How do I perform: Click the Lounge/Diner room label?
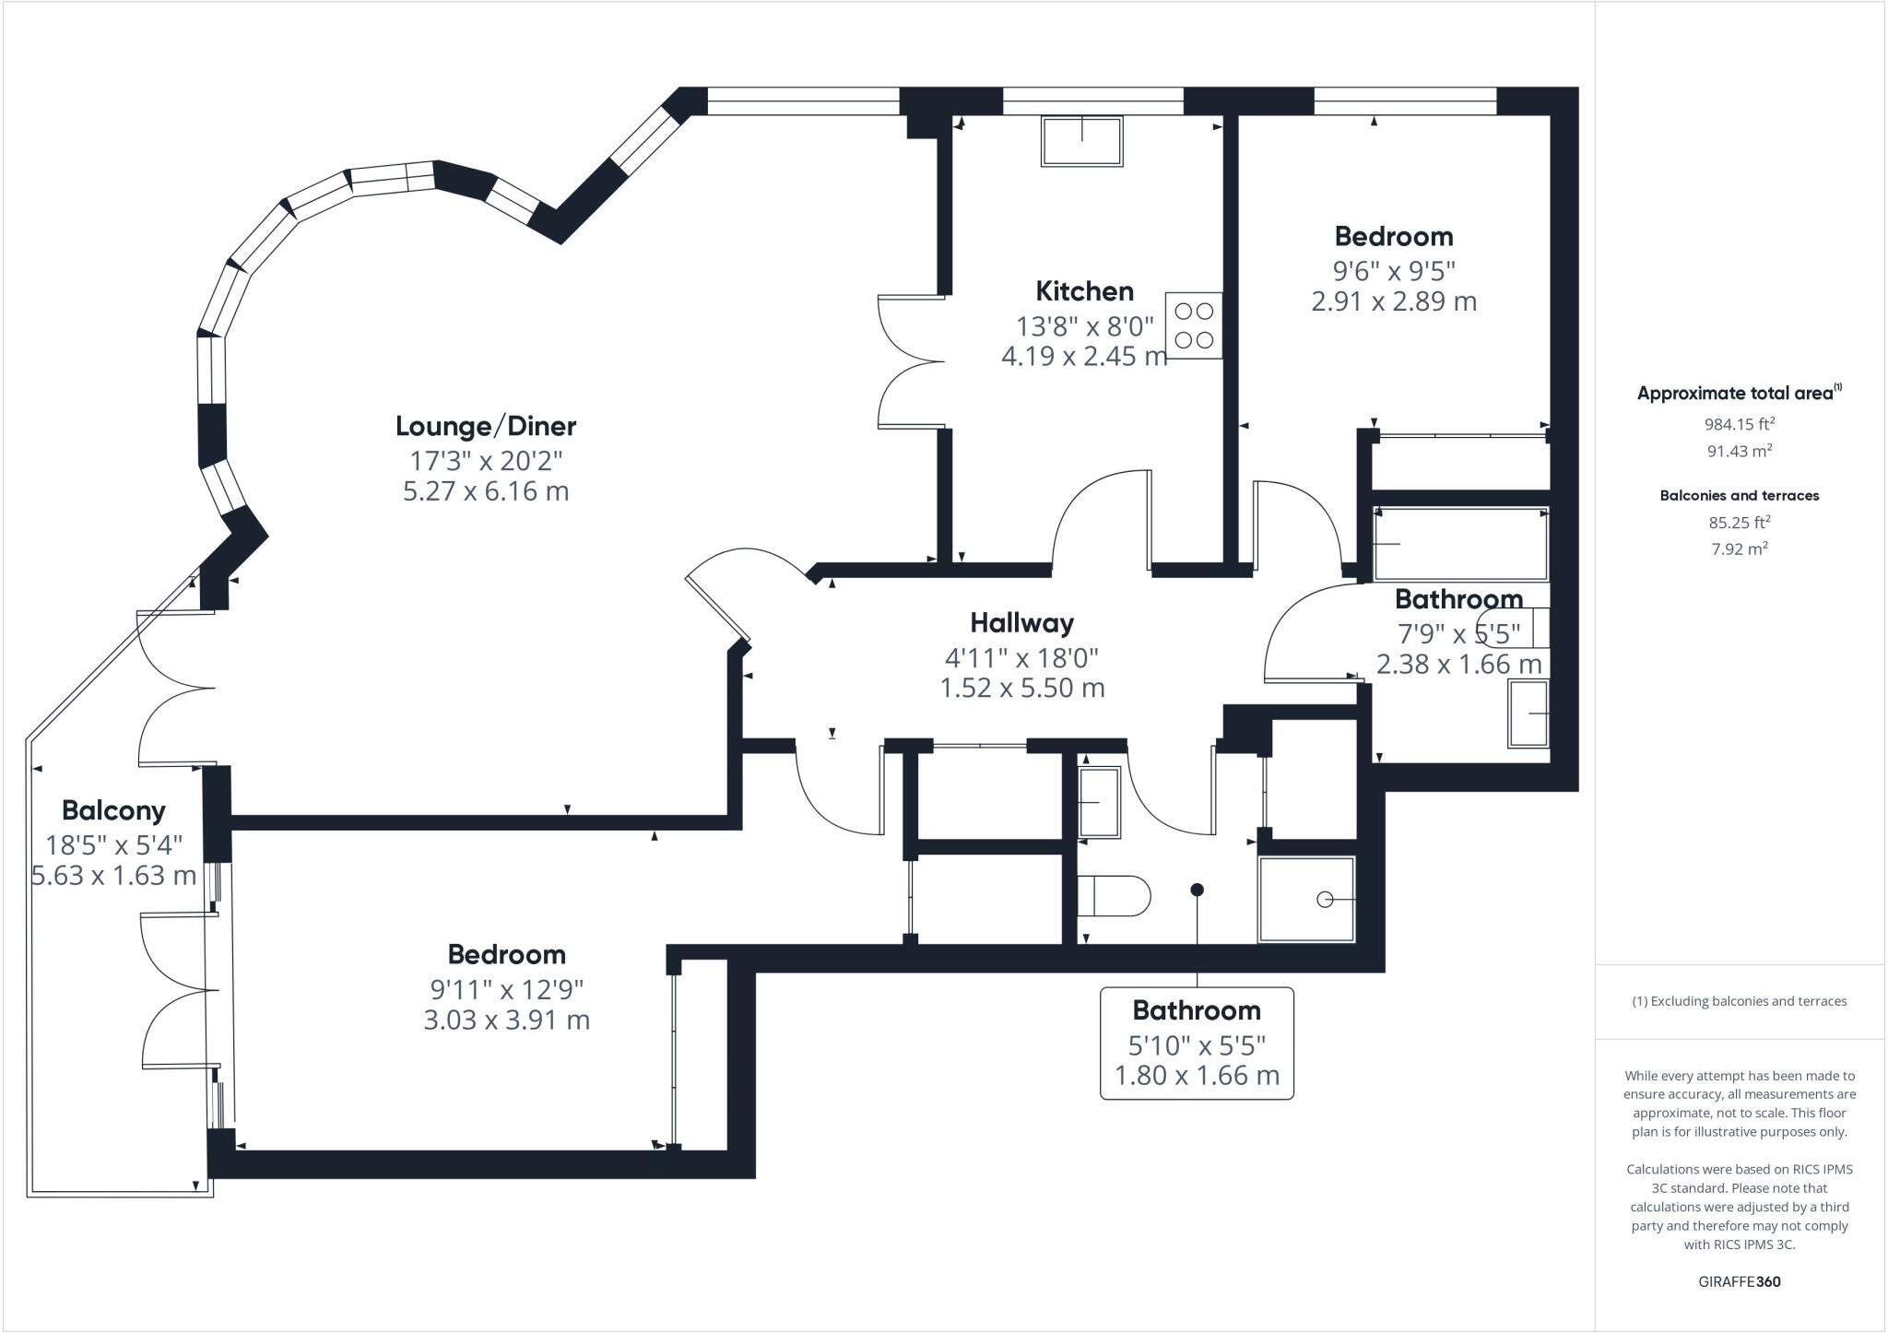click(486, 426)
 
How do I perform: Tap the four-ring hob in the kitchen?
click(1194, 325)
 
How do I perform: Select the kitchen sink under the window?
click(1082, 141)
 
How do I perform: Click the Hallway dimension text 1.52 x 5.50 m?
click(1021, 688)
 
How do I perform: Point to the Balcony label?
click(113, 810)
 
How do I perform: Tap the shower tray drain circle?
click(1325, 900)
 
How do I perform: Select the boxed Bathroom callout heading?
click(1196, 1010)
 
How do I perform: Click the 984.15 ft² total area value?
click(1739, 424)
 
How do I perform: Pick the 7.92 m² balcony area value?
click(1739, 549)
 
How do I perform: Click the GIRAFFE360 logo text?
click(1739, 1281)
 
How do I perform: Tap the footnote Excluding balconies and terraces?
click(1739, 1001)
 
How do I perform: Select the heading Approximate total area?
click(1735, 393)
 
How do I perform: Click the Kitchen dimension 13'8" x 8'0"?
click(1085, 326)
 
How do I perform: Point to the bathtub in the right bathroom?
click(1460, 544)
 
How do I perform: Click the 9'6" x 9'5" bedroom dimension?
click(1394, 271)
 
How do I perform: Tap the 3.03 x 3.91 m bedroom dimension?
click(506, 1020)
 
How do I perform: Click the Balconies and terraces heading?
click(1739, 495)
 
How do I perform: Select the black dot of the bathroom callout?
click(1197, 890)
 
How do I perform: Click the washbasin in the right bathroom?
click(1528, 714)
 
